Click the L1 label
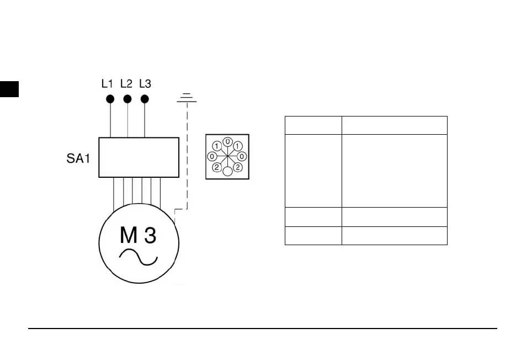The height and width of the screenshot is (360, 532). click(x=108, y=84)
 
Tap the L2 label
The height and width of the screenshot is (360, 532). click(x=126, y=84)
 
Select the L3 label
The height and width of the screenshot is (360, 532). click(x=145, y=84)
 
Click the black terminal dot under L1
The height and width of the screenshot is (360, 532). click(x=110, y=99)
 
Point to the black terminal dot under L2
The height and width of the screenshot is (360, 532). click(x=127, y=99)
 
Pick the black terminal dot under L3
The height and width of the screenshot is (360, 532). click(x=145, y=99)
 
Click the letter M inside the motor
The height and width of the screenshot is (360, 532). click(x=128, y=236)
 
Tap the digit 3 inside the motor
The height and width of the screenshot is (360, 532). click(x=150, y=236)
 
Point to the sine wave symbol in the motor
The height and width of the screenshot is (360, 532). click(x=139, y=257)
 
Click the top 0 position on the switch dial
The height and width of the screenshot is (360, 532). click(x=227, y=142)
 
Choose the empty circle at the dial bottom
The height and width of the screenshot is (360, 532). click(x=227, y=172)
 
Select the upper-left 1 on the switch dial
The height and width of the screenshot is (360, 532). click(x=217, y=146)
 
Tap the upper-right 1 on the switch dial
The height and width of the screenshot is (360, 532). click(x=237, y=146)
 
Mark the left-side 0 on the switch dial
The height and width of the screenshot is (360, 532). click(x=212, y=156)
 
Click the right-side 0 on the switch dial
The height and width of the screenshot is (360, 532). click(x=242, y=156)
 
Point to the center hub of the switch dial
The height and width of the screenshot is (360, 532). click(x=227, y=156)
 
